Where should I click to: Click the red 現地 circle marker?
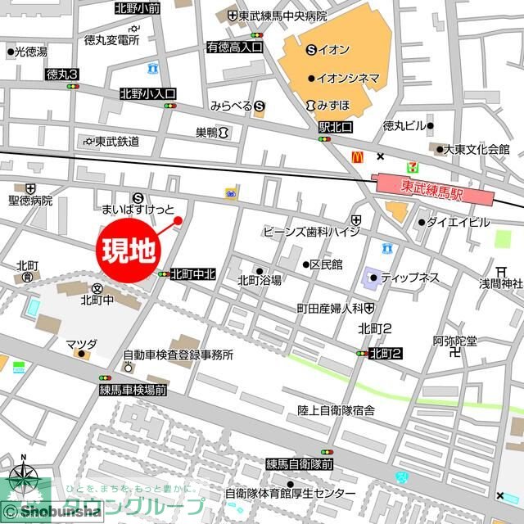coord(129,250)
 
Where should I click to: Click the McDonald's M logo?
coord(357,156)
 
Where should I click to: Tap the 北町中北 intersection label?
coord(193,274)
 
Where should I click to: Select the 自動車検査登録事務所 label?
coord(178,355)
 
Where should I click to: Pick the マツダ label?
coord(82,344)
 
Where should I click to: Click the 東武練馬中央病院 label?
coord(282,16)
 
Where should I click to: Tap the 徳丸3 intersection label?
coord(62,74)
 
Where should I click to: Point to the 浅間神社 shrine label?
coord(501,283)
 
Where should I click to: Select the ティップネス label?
coord(410,278)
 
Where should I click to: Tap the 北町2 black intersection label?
coord(384,354)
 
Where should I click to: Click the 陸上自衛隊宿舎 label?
coord(336,409)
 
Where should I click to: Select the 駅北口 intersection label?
coord(336,128)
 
